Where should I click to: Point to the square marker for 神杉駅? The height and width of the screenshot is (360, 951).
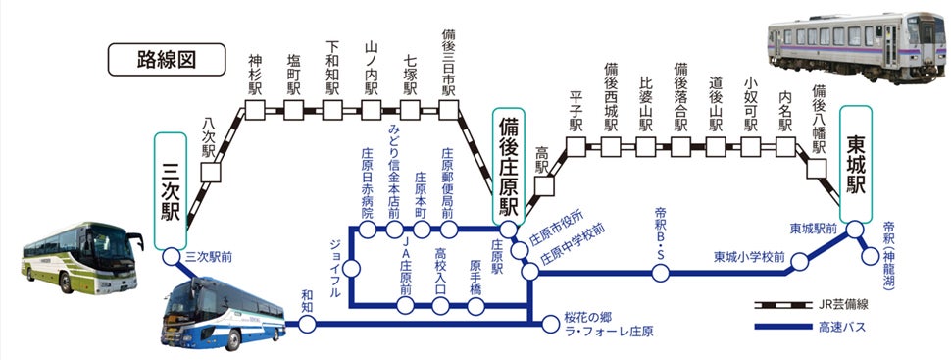point(255,111)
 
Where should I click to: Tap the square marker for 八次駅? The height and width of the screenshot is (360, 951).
point(209,172)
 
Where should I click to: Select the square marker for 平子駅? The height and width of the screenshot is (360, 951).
point(576,146)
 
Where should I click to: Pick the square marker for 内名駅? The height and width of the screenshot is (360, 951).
point(785,146)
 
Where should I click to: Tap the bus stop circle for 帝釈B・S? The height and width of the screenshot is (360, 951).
point(661,272)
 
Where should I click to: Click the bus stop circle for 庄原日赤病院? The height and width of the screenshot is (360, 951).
point(368,231)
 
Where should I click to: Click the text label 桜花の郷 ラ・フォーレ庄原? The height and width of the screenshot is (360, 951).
point(608,325)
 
